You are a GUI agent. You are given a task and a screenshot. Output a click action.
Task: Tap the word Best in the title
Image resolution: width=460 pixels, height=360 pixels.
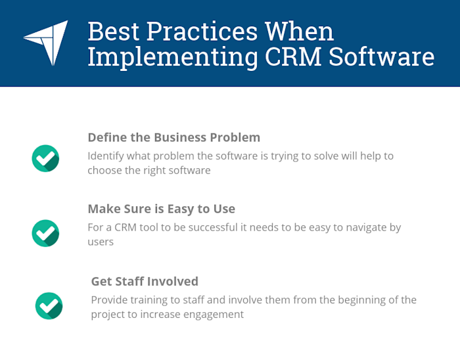tap(110, 31)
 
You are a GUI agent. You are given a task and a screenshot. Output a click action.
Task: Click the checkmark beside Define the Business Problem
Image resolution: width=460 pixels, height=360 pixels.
tap(45, 158)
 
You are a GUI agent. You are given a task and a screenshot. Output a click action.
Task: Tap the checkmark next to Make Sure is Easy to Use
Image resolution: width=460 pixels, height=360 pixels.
tap(45, 233)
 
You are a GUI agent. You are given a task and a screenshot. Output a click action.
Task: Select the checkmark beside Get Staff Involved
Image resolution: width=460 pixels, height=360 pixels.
tap(48, 305)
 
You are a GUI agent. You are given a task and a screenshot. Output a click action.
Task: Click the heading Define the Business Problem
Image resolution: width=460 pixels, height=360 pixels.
tap(173, 138)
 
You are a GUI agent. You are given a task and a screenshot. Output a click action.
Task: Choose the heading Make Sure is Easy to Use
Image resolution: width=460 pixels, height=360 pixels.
tap(161, 209)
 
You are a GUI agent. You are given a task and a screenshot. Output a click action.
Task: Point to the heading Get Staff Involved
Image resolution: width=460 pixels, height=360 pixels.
tap(145, 281)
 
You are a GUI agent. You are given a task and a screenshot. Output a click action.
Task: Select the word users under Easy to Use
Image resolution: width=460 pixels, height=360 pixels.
tap(101, 242)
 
